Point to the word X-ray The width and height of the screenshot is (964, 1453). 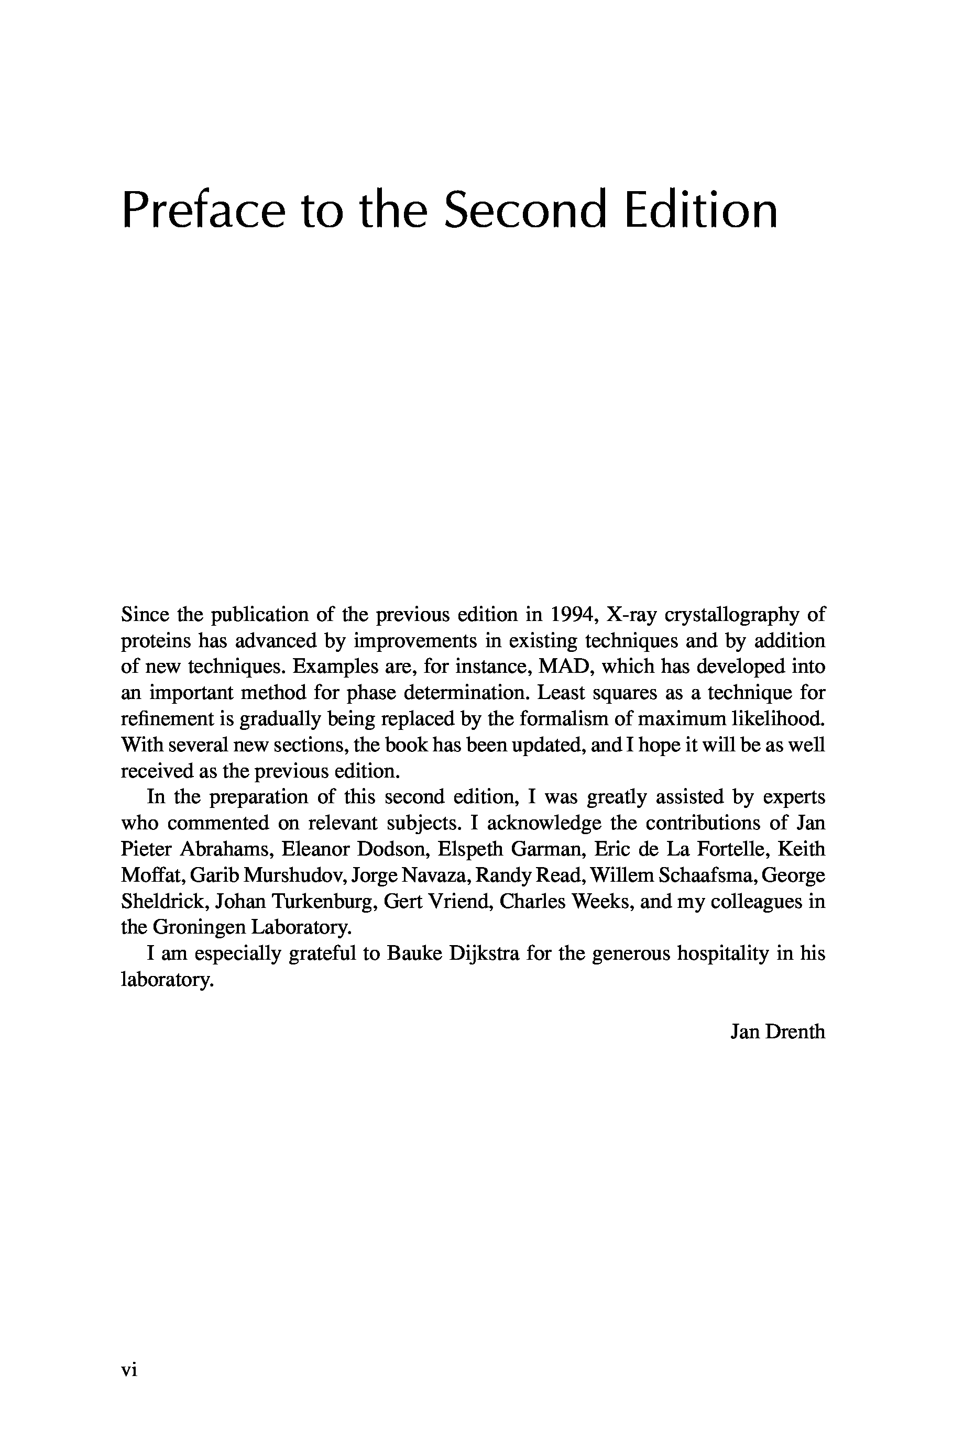pos(631,615)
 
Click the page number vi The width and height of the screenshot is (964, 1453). pos(129,1370)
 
